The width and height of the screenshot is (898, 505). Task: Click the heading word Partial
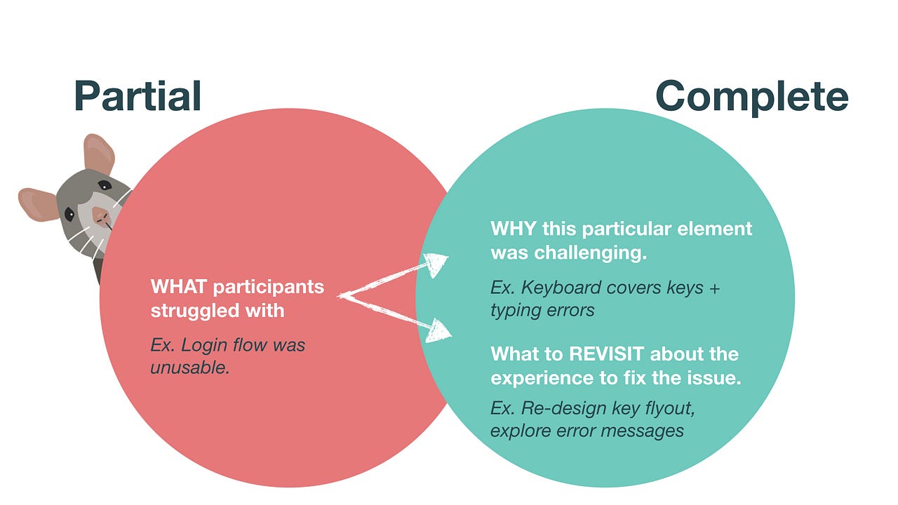[138, 96]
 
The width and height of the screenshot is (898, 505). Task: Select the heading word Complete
[751, 96]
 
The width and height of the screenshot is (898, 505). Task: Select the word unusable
[190, 367]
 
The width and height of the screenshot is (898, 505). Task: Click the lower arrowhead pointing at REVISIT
[440, 329]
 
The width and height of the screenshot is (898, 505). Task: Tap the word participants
[269, 287]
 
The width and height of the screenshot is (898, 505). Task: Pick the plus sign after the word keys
[713, 288]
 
